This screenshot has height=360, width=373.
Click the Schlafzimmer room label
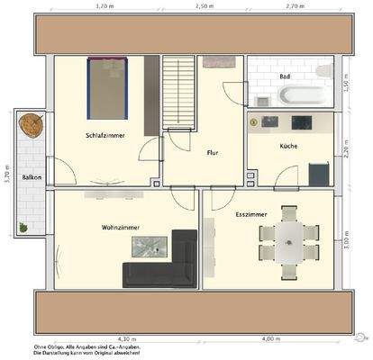tap(105, 134)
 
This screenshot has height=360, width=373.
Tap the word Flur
tap(213, 153)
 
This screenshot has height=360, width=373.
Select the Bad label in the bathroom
tap(285, 76)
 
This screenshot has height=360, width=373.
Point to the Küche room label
tap(288, 146)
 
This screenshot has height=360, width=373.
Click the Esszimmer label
tap(250, 215)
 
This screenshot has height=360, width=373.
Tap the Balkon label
tap(31, 177)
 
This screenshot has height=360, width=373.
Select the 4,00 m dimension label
tap(269, 338)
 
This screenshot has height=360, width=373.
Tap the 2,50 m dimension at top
tap(205, 5)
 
